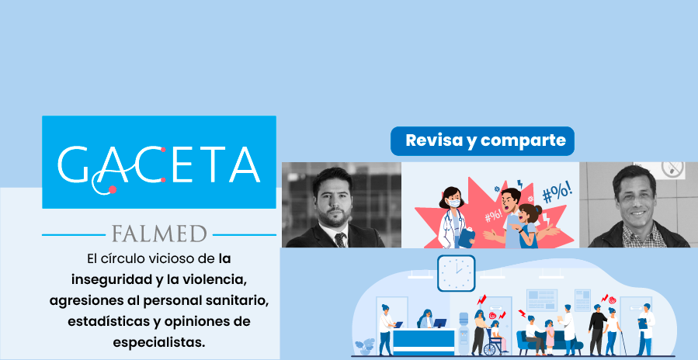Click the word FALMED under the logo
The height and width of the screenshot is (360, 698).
click(159, 234)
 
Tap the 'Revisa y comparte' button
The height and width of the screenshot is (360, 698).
click(482, 141)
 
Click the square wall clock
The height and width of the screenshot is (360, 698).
click(456, 273)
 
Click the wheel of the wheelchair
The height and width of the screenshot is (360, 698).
click(491, 347)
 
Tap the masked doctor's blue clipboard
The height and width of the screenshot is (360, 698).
click(466, 237)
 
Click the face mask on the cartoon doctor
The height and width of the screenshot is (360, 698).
click(453, 203)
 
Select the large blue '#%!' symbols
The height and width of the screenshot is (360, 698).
click(557, 193)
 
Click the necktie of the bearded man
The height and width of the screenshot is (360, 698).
click(339, 240)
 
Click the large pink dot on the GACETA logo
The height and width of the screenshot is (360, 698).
click(113, 189)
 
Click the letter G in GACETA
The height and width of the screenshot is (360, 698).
click(74, 164)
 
